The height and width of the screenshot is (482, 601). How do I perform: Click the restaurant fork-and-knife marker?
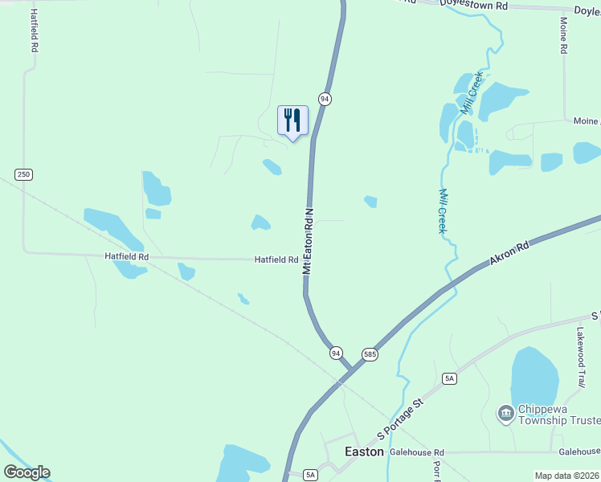292,120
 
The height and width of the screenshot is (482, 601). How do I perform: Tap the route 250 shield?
24,174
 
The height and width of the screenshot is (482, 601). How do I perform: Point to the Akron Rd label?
509,253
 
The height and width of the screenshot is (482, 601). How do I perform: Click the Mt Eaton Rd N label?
307,241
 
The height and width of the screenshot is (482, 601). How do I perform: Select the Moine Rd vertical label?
564,35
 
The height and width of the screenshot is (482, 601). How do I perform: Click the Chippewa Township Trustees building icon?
505,414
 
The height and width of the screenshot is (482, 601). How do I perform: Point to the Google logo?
27,472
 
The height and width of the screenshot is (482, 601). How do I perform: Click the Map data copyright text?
567,476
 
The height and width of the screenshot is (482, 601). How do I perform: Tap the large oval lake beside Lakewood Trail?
534,376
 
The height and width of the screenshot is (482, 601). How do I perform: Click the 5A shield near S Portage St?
449,378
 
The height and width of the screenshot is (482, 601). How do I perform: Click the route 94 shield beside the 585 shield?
336,353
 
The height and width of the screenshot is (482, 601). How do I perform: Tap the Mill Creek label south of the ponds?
443,211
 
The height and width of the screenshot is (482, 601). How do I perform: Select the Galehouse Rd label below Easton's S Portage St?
417,452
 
